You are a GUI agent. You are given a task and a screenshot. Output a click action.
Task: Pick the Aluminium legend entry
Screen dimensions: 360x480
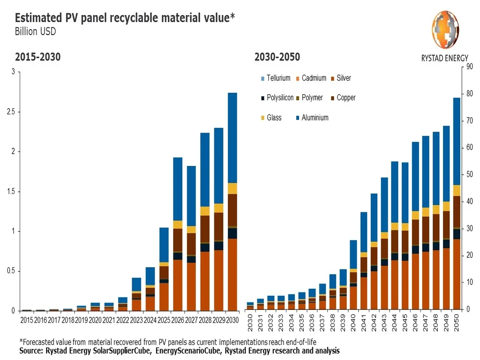point(311,118)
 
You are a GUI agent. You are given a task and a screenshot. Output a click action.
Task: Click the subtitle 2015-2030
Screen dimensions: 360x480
point(37,57)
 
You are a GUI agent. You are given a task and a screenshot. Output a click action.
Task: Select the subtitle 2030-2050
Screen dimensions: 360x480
point(277,57)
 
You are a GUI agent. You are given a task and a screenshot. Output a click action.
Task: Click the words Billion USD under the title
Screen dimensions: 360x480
point(35,32)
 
